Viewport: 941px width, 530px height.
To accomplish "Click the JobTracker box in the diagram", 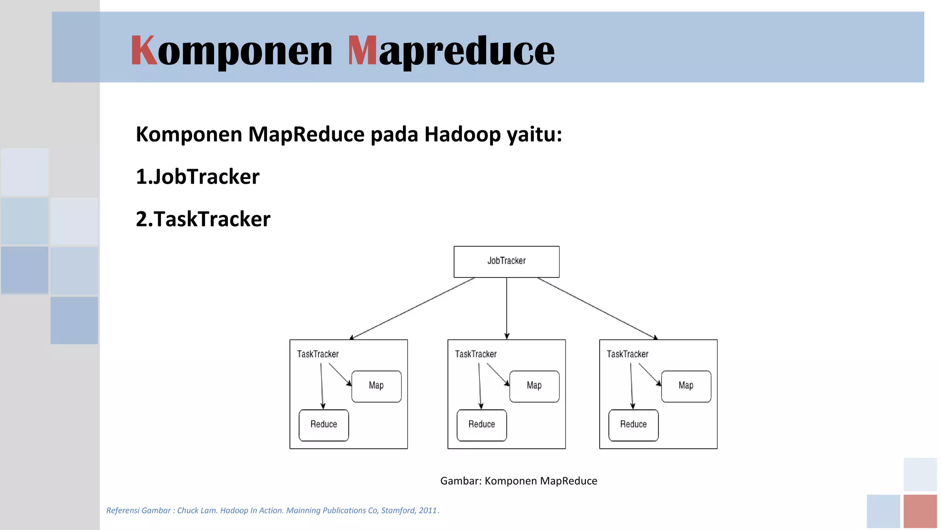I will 506,261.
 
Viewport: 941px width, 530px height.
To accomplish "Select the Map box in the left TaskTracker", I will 376,386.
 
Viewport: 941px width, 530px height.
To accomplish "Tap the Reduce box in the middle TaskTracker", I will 482,425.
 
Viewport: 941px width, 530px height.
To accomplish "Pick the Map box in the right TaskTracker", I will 686,386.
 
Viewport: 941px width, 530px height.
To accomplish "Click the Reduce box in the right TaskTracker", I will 633,425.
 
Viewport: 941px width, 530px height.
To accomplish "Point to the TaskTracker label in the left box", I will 317,354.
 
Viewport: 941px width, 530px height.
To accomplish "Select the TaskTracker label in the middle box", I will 476,354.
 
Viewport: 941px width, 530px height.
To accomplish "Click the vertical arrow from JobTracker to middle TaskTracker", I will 507,308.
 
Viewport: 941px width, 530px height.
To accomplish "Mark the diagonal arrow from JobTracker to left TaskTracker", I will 412,308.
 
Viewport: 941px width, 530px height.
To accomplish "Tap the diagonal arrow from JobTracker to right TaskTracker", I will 597,308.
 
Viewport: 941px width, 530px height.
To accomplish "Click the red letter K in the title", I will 143,51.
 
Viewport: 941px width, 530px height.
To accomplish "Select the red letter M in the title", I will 362,51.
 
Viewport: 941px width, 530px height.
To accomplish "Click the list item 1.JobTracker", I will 198,177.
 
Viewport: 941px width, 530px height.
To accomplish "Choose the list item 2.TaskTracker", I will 203,219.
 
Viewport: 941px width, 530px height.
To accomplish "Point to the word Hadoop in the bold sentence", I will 462,135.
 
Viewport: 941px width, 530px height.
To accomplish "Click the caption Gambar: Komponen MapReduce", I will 518,481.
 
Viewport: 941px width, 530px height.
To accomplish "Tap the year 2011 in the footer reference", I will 427,510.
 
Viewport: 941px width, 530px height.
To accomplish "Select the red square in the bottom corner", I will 920,511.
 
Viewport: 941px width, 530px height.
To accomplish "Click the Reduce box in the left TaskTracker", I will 323,425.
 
